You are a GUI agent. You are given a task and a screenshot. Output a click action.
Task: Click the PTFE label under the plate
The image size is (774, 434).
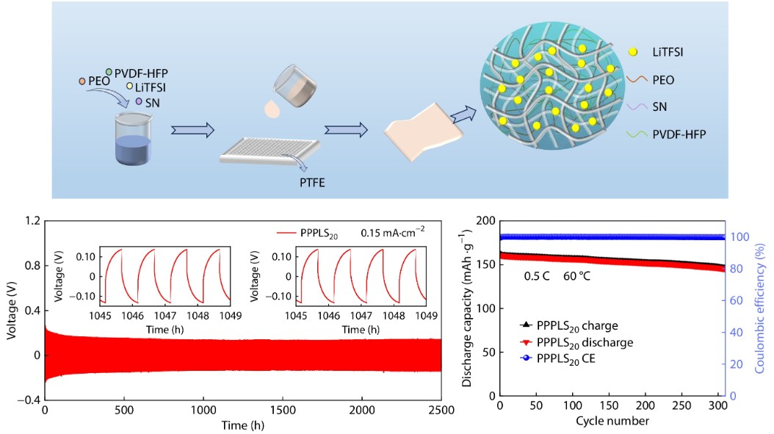tap(311, 183)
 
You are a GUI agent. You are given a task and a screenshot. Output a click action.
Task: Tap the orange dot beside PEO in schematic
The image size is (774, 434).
tap(83, 80)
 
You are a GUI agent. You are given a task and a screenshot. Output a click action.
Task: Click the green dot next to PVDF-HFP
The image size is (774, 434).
tap(109, 71)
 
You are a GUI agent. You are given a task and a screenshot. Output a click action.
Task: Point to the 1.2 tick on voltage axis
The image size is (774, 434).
tap(32, 220)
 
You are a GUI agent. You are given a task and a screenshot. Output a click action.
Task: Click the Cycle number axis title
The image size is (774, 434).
tap(612, 422)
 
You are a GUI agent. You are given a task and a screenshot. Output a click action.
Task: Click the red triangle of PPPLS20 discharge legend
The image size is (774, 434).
tap(524, 342)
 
